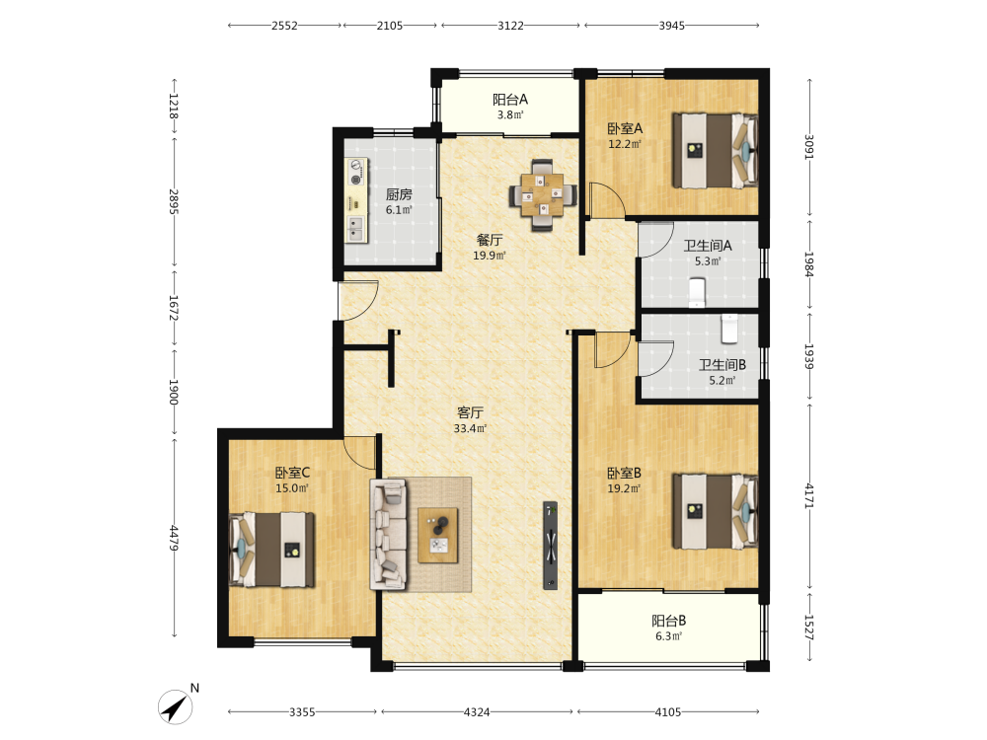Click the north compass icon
tap(176, 706)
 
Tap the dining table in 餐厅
tap(543, 195)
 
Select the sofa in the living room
tap(388, 534)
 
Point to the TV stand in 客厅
tap(550, 545)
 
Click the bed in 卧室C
tap(271, 550)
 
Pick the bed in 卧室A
tap(715, 150)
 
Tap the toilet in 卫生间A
tap(697, 293)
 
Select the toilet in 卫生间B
tap(729, 329)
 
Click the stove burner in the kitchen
tap(356, 172)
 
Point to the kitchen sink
tap(356, 230)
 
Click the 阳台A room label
tap(510, 100)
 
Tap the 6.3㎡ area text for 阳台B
tap(668, 636)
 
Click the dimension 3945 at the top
tap(671, 26)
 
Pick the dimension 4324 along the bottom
tap(477, 711)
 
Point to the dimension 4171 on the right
tap(809, 495)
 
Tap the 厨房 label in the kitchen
tap(399, 194)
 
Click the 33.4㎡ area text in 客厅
tap(470, 428)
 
